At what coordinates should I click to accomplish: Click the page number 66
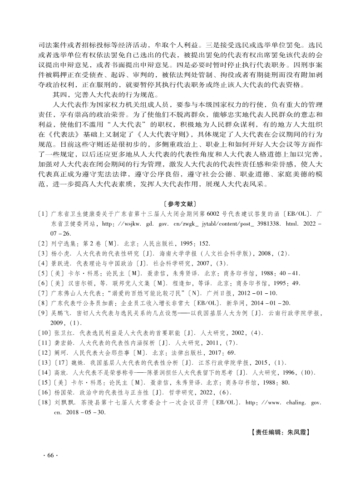click(x=50, y=455)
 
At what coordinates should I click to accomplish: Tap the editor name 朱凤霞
click(x=298, y=433)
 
